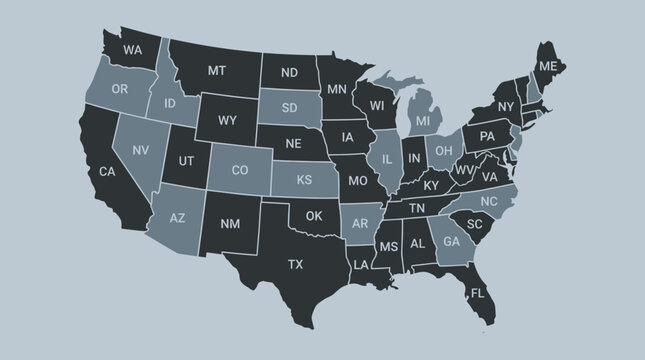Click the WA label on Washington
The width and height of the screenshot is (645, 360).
132,48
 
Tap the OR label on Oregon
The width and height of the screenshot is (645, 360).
120,89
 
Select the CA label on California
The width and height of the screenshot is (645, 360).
106,171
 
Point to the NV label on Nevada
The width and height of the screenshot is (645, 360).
141,150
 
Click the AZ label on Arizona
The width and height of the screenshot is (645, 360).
178,217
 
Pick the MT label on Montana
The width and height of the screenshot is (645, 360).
217,71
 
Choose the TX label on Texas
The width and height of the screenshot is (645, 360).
295,264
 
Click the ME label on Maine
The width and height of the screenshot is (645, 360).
546,66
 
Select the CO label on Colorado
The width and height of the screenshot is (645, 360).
240,170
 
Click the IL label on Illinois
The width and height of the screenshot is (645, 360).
385,158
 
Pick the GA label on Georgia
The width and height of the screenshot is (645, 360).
451,241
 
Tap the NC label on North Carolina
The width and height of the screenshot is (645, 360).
488,202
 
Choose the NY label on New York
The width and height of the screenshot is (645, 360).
505,107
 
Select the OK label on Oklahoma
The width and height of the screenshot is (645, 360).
314,215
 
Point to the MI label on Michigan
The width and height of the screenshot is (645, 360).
423,121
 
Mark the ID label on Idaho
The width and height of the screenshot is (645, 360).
170,104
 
